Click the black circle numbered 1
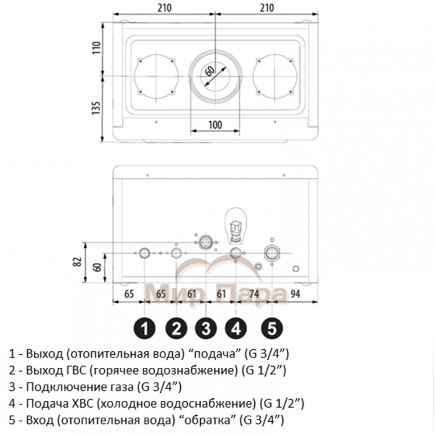click(145, 327)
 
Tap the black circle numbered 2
click(176, 327)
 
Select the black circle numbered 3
click(206, 327)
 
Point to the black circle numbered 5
click(272, 327)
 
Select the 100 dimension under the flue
click(214, 124)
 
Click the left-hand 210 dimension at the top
click(163, 9)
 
